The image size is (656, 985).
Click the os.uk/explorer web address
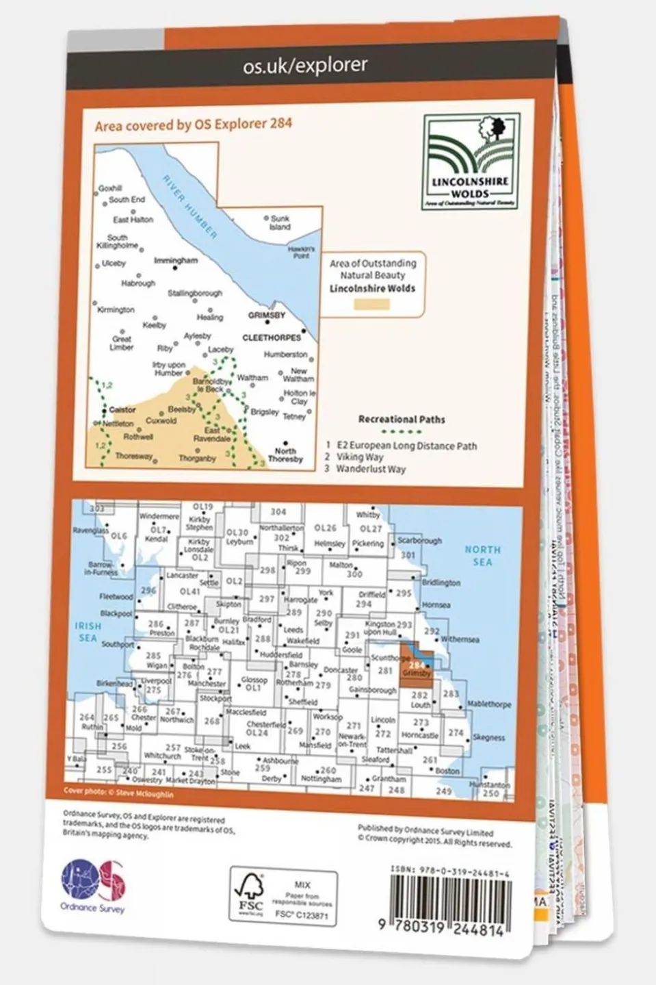click(x=305, y=65)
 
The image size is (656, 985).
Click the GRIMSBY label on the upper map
click(x=266, y=316)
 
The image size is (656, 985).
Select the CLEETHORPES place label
click(x=272, y=338)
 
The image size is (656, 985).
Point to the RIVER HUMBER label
click(x=189, y=206)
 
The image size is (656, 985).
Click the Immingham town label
click(x=176, y=261)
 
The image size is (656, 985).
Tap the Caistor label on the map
click(x=122, y=410)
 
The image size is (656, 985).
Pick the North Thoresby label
click(x=285, y=455)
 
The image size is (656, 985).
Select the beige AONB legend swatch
click(x=372, y=303)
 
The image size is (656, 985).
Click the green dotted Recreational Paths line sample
click(x=401, y=432)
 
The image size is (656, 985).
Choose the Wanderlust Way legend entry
click(x=370, y=470)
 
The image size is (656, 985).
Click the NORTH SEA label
click(x=482, y=555)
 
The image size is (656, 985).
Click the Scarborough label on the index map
click(x=420, y=540)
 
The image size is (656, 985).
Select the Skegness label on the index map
click(x=488, y=738)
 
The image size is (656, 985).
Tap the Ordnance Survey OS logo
click(x=94, y=884)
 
